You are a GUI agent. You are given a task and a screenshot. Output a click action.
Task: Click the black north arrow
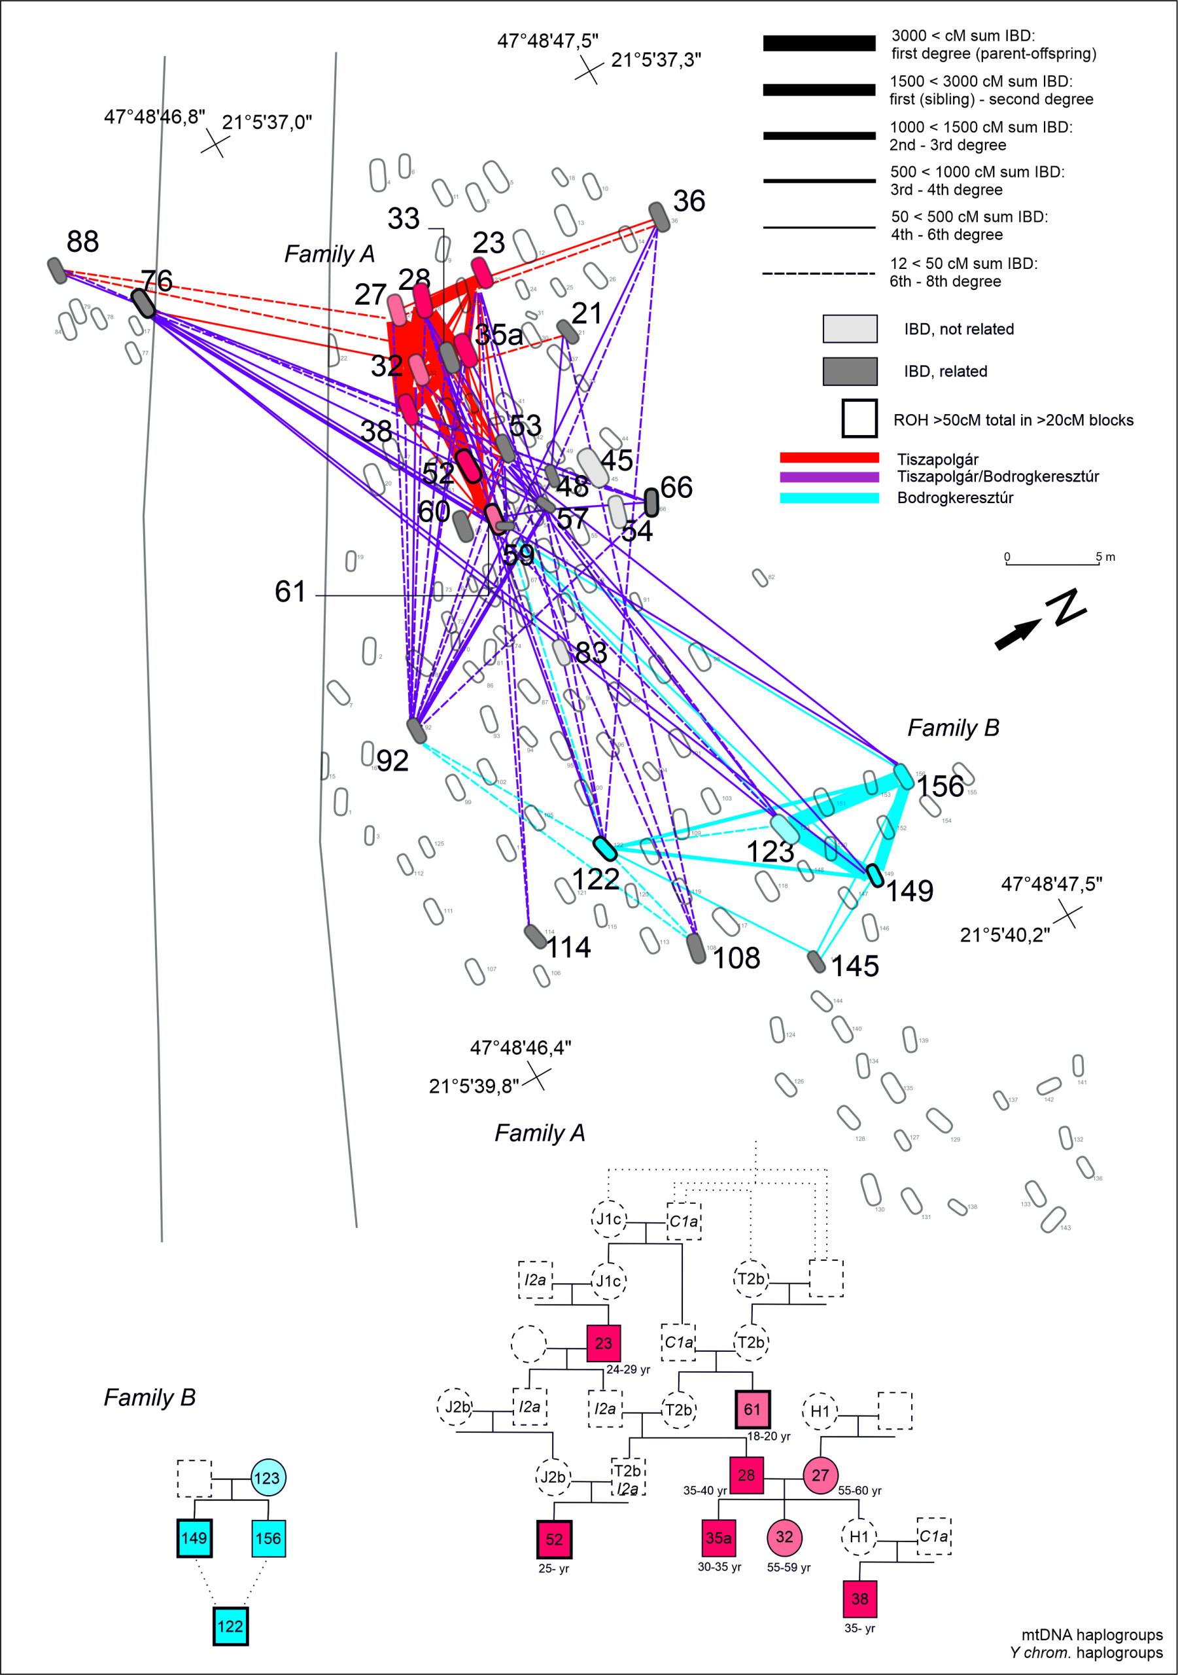[1018, 633]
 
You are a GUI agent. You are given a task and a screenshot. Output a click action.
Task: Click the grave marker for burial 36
[659, 217]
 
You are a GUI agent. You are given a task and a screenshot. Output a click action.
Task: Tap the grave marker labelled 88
[57, 270]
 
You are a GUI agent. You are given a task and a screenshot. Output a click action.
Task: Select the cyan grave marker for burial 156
[904, 776]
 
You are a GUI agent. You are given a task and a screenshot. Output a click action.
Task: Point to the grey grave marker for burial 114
[536, 936]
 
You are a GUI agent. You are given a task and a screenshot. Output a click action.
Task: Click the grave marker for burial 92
[416, 730]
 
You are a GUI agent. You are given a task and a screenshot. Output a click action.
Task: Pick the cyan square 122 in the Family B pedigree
[230, 1626]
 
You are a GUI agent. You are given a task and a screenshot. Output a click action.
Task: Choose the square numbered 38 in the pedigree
[860, 1599]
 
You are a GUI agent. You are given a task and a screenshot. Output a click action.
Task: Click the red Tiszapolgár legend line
[829, 457]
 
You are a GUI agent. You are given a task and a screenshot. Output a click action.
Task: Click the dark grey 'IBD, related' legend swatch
[850, 372]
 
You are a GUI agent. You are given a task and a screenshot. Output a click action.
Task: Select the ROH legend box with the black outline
[859, 418]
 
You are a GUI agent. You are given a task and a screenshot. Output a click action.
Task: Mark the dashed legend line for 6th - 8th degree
[818, 273]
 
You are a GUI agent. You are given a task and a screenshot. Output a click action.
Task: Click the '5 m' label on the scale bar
[1105, 557]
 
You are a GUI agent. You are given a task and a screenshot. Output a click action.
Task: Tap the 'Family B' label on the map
[952, 728]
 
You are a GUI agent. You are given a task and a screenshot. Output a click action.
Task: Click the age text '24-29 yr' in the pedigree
[628, 1369]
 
